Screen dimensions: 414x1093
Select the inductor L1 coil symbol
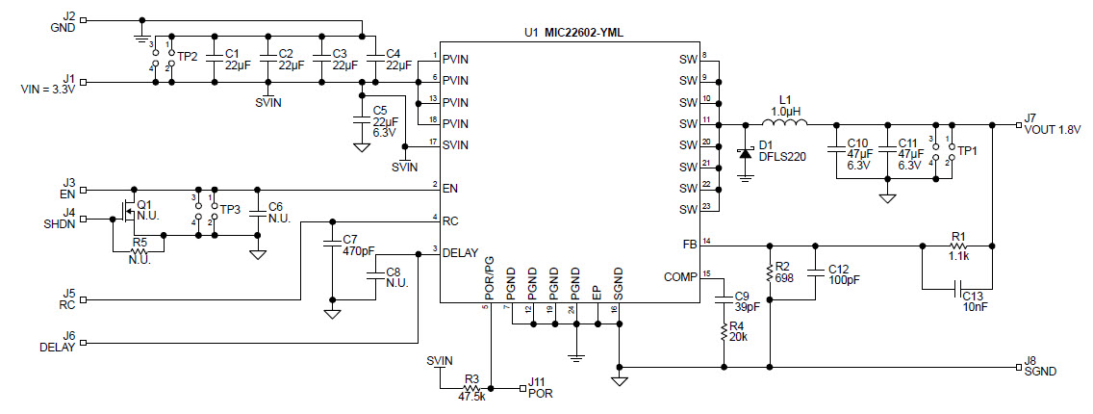(784, 122)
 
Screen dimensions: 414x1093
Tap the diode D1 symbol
(744, 154)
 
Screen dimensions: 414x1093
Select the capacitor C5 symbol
(362, 112)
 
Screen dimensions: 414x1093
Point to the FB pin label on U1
(689, 244)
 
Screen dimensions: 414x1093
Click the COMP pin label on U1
(680, 277)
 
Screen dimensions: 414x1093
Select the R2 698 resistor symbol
(769, 272)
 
